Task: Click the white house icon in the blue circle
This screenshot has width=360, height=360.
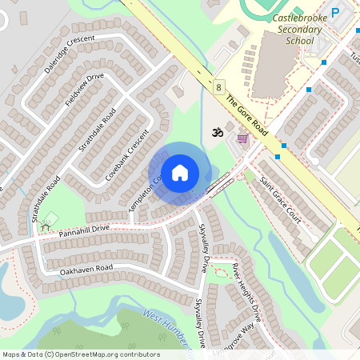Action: [180, 172]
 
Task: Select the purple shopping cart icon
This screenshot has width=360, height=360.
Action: [242, 139]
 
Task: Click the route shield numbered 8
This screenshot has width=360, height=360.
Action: [218, 86]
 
